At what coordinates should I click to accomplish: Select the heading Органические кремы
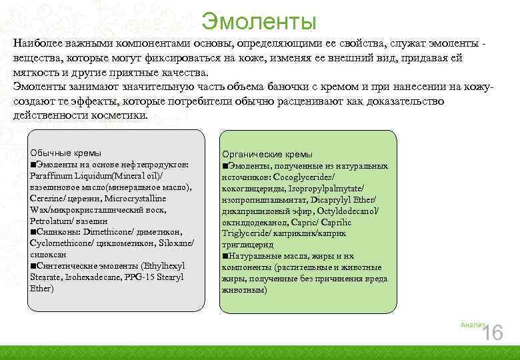pyautogui.click(x=263, y=154)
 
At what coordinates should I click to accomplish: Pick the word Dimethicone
pyautogui.click(x=106, y=232)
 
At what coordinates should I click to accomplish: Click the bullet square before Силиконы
pyautogui.click(x=33, y=232)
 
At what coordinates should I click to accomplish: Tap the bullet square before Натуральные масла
pyautogui.click(x=225, y=256)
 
